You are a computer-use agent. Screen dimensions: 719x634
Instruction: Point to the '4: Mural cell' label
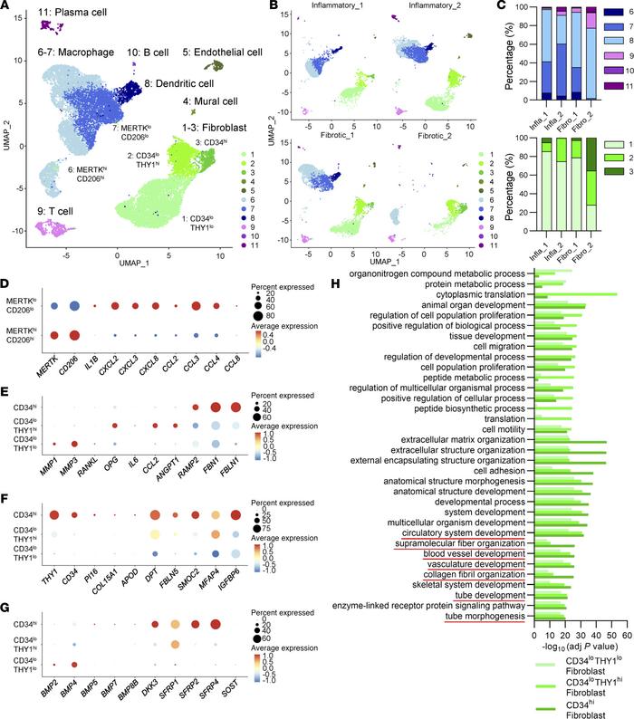click(x=214, y=101)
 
